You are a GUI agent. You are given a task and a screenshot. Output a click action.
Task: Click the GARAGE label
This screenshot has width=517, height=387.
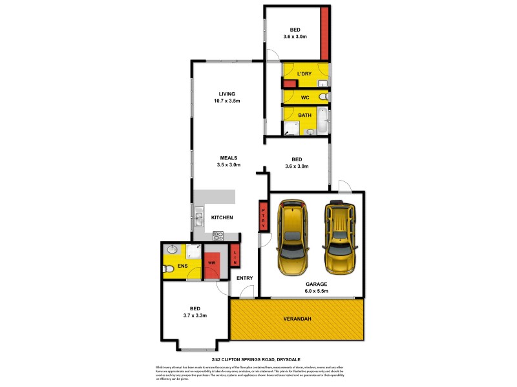tap(317, 283)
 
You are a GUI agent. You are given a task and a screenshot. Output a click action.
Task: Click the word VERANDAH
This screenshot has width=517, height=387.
tap(297, 319)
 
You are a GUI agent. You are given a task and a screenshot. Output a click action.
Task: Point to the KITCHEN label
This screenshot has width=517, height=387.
tap(222, 217)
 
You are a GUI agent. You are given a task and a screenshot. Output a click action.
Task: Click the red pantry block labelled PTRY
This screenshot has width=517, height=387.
tap(263, 215)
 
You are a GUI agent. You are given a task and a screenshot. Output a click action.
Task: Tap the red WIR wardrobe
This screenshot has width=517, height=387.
tap(211, 263)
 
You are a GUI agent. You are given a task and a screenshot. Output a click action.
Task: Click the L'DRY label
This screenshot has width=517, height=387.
tap(304, 74)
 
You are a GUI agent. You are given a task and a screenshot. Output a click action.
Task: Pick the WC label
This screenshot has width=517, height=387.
tap(305, 97)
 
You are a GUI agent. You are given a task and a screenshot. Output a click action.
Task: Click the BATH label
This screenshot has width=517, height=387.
tap(304, 116)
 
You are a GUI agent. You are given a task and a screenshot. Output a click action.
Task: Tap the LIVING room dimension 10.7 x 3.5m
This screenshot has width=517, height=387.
tap(227, 101)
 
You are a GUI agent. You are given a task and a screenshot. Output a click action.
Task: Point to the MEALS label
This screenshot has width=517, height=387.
tap(229, 157)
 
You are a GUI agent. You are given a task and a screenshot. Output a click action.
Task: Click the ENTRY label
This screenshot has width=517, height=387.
tap(244, 278)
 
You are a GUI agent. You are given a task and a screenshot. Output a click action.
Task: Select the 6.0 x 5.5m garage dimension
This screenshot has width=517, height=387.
tap(317, 291)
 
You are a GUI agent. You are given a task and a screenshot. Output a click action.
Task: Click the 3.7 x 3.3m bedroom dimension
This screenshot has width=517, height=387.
tap(195, 315)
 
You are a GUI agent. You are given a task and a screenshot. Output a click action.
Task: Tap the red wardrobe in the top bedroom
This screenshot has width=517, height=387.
tap(325, 34)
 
